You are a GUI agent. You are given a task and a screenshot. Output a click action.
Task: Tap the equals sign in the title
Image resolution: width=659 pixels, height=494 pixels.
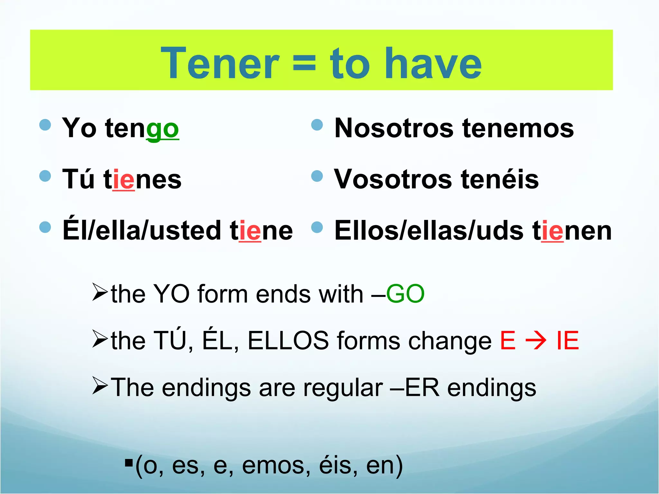click(304, 64)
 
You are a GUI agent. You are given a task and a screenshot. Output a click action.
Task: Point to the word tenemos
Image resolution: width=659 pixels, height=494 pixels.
click(518, 128)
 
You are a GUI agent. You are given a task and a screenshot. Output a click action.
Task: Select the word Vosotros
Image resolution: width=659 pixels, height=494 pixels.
click(393, 179)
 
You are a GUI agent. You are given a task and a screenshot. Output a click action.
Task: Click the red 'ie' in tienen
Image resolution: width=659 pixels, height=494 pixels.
click(552, 231)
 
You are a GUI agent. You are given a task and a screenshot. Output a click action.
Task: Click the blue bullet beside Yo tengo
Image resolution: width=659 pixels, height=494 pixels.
click(45, 125)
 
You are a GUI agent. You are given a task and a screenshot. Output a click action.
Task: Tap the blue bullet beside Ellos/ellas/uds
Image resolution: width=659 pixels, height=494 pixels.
click(317, 227)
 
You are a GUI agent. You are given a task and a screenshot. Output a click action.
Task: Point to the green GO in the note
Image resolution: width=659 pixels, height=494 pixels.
click(405, 294)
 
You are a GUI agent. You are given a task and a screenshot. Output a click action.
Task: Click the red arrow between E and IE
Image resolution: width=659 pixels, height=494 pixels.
click(536, 341)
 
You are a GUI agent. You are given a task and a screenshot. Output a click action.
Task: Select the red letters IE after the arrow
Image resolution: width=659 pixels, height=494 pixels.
click(568, 341)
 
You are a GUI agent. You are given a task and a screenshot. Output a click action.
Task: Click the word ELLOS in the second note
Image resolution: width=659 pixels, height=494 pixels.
click(288, 341)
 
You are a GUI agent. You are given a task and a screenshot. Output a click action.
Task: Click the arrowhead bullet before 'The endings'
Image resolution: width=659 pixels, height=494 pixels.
click(100, 386)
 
